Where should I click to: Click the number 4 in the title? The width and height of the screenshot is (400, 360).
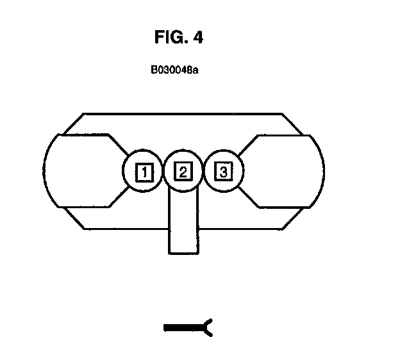(197, 38)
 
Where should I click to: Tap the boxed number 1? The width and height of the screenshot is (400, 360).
(144, 172)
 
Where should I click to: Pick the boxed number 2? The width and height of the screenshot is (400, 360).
(183, 172)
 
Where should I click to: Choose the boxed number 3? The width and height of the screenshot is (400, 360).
(222, 172)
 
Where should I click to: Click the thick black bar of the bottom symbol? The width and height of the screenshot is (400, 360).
(183, 328)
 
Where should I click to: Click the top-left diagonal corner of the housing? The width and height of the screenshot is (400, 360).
(72, 124)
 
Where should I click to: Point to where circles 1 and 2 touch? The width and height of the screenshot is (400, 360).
(164, 172)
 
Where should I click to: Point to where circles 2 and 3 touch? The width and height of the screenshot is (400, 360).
(203, 172)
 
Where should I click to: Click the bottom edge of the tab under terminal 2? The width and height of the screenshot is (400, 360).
(184, 253)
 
